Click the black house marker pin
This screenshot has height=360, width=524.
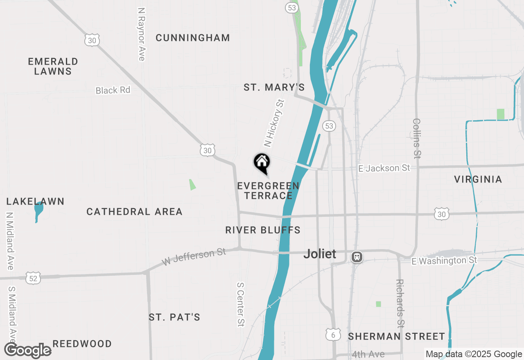tap(262, 162)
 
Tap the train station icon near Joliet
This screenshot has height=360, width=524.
tap(357, 257)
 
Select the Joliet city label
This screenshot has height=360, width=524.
tap(320, 254)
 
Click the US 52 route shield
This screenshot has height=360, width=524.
tap(33, 278)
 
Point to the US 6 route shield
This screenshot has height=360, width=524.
tap(333, 334)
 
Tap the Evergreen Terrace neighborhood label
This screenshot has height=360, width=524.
tap(268, 191)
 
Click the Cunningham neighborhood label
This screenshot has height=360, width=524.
tap(193, 38)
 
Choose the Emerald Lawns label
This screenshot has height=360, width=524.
tap(53, 66)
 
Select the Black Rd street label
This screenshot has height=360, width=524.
tap(113, 90)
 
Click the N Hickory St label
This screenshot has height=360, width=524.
tap(274, 123)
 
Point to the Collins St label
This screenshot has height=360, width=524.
tap(417, 138)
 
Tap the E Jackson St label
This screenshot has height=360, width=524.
tap(384, 168)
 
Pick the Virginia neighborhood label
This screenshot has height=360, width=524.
tap(478, 179)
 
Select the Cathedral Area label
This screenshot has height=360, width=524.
tap(134, 211)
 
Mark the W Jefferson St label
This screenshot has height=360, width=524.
tap(194, 256)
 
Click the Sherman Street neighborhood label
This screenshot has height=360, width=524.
tap(396, 337)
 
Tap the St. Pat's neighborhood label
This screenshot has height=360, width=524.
tap(174, 317)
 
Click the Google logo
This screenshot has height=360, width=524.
tap(27, 351)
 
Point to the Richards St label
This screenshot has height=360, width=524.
tap(400, 303)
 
